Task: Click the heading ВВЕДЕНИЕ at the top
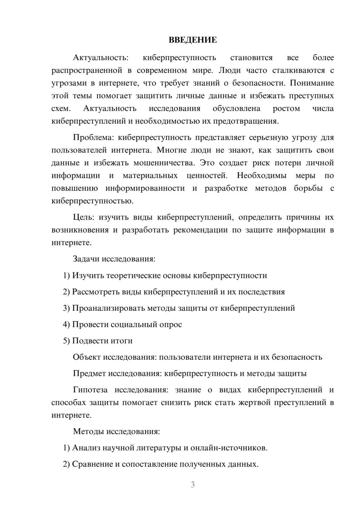tap(193, 40)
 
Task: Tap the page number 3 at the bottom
tap(193, 485)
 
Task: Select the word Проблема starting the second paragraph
tap(93, 138)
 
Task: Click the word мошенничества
tap(164, 163)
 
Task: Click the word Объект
tap(87, 357)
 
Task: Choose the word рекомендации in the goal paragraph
tap(200, 230)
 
